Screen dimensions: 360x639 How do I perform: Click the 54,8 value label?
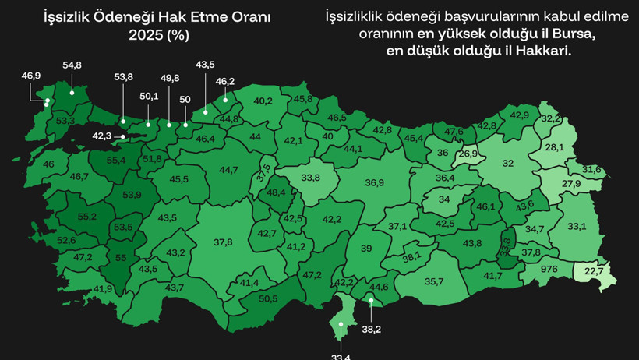pos(72,65)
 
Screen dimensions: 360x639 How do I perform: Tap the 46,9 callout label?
pos(31,76)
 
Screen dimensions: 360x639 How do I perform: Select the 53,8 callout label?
pos(123,76)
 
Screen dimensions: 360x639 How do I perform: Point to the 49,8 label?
pos(169,79)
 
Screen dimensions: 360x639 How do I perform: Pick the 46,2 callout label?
pos(225,81)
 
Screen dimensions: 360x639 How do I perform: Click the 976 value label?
pos(549,269)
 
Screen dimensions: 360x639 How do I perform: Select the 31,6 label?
pos(592,169)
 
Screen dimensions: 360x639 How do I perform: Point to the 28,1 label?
pos(555,147)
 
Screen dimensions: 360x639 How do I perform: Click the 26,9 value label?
pos(468,154)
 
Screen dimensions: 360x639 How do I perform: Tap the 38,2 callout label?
pos(372,330)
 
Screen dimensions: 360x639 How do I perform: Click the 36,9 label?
pos(375,182)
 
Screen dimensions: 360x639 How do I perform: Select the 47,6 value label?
pos(454,132)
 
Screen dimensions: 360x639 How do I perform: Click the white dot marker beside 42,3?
pos(122,136)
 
